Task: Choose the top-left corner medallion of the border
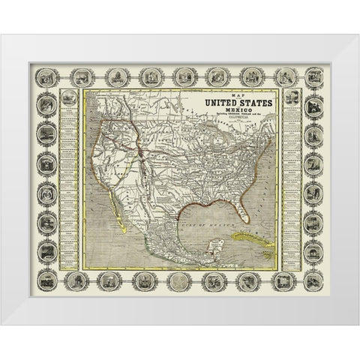(x=48, y=77)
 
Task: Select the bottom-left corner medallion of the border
(x=48, y=281)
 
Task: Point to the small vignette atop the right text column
(x=291, y=97)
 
